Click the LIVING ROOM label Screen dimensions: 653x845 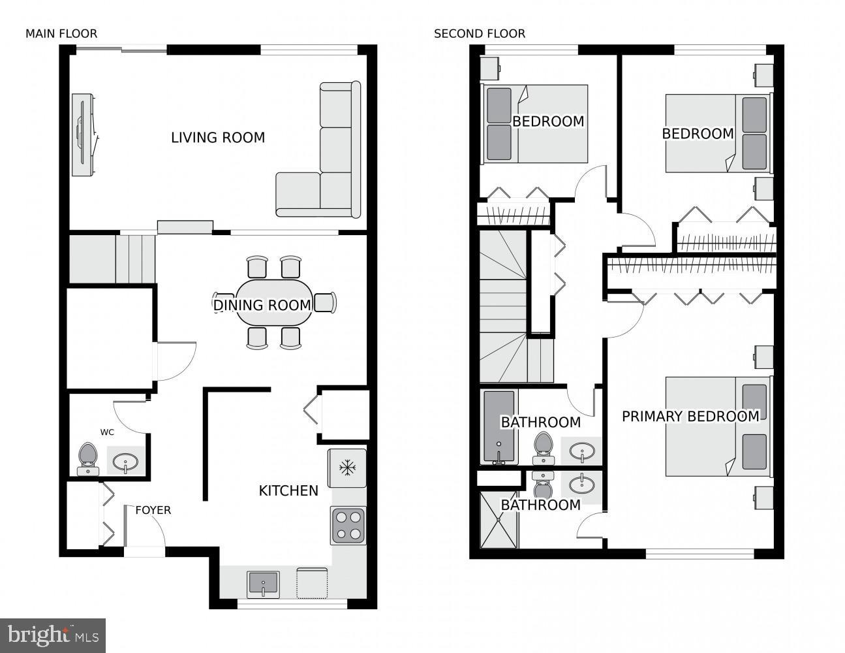[218, 138]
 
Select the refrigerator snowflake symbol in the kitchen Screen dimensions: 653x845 [347, 468]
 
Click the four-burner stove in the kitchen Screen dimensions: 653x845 [348, 525]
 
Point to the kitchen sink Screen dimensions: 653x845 [263, 582]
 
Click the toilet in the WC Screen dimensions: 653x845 [87, 457]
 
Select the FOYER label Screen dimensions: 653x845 [153, 510]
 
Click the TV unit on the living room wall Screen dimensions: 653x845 [82, 135]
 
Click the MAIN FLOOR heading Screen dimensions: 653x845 [61, 33]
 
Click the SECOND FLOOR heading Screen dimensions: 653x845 [479, 33]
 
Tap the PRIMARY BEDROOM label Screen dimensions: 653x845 [690, 416]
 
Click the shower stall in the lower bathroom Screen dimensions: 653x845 [499, 520]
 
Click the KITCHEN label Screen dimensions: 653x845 [288, 490]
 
